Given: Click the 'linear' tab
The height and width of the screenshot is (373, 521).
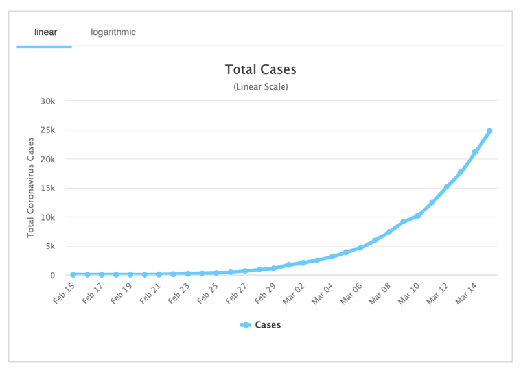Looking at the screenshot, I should point(44,32).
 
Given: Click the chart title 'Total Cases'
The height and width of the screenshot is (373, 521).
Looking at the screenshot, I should point(260,69).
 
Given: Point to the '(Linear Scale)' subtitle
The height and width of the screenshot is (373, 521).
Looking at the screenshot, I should point(260,86).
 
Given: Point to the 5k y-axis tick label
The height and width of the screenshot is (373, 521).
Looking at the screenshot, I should point(52,247).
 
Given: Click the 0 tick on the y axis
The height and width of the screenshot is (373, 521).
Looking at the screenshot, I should point(56,276).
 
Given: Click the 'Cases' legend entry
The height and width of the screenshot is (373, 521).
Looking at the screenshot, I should point(260,325).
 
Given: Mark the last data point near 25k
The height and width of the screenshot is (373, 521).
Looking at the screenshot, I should point(489,131).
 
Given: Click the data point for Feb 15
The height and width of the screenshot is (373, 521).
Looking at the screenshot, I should point(73,275).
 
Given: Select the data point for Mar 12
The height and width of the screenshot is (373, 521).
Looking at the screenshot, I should point(446,187).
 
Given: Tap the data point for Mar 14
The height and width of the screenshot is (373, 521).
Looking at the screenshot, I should point(475,152).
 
